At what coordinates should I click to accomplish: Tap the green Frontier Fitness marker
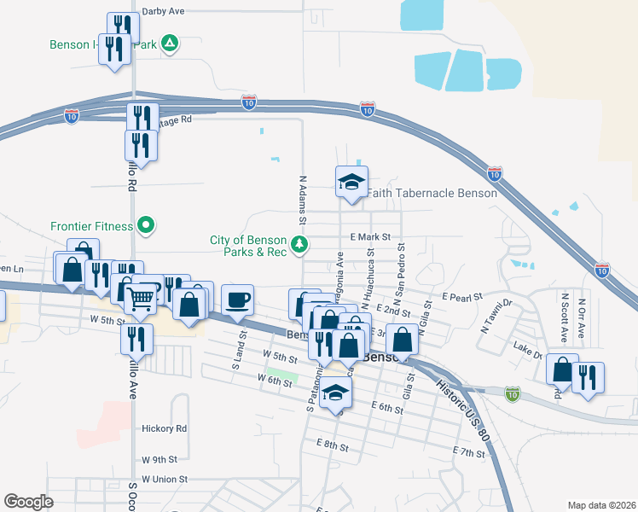click(146, 226)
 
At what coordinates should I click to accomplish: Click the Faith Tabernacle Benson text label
click(432, 193)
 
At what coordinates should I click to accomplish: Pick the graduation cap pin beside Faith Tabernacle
click(351, 182)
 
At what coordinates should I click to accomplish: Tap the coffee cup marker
click(237, 300)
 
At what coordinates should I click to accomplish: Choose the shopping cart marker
click(142, 298)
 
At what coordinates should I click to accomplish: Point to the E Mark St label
click(368, 236)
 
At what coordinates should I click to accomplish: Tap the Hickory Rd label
click(165, 428)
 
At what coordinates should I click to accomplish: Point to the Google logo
click(28, 502)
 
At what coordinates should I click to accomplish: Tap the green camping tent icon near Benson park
click(170, 44)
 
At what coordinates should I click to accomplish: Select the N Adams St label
click(303, 199)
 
